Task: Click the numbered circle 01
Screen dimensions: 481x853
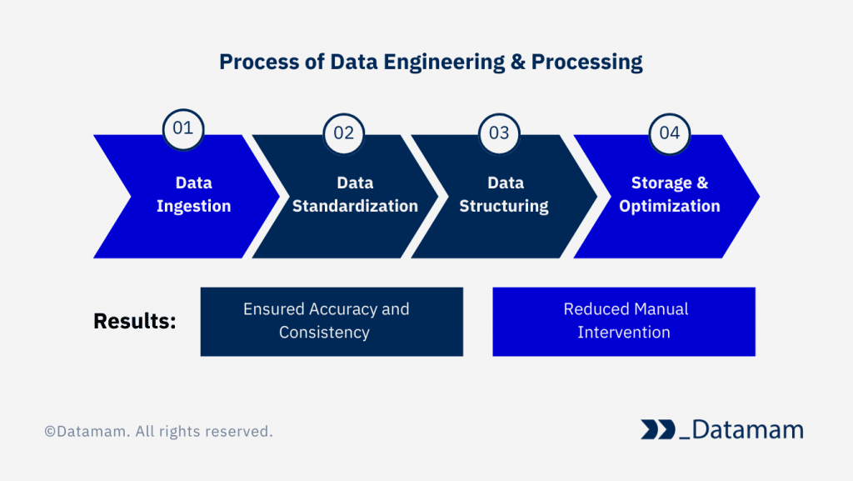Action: tap(182, 128)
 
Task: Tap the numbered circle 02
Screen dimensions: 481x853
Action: tap(343, 133)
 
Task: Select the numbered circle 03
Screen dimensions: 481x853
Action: tap(499, 133)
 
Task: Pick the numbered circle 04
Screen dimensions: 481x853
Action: tap(670, 133)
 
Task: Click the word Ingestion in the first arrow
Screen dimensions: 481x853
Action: tap(193, 206)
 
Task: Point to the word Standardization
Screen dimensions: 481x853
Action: tap(356, 206)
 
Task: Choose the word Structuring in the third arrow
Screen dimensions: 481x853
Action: tap(504, 206)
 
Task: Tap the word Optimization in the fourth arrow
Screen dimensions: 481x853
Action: tap(670, 206)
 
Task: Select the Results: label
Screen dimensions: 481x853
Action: tap(135, 322)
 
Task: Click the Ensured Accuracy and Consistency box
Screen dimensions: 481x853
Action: tap(332, 322)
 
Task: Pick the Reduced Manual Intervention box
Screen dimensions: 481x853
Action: tap(624, 322)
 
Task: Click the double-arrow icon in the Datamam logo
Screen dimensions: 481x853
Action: tap(657, 430)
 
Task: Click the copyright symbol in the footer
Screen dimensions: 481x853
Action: tap(50, 432)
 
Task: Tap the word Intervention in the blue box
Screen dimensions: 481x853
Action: tap(624, 333)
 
